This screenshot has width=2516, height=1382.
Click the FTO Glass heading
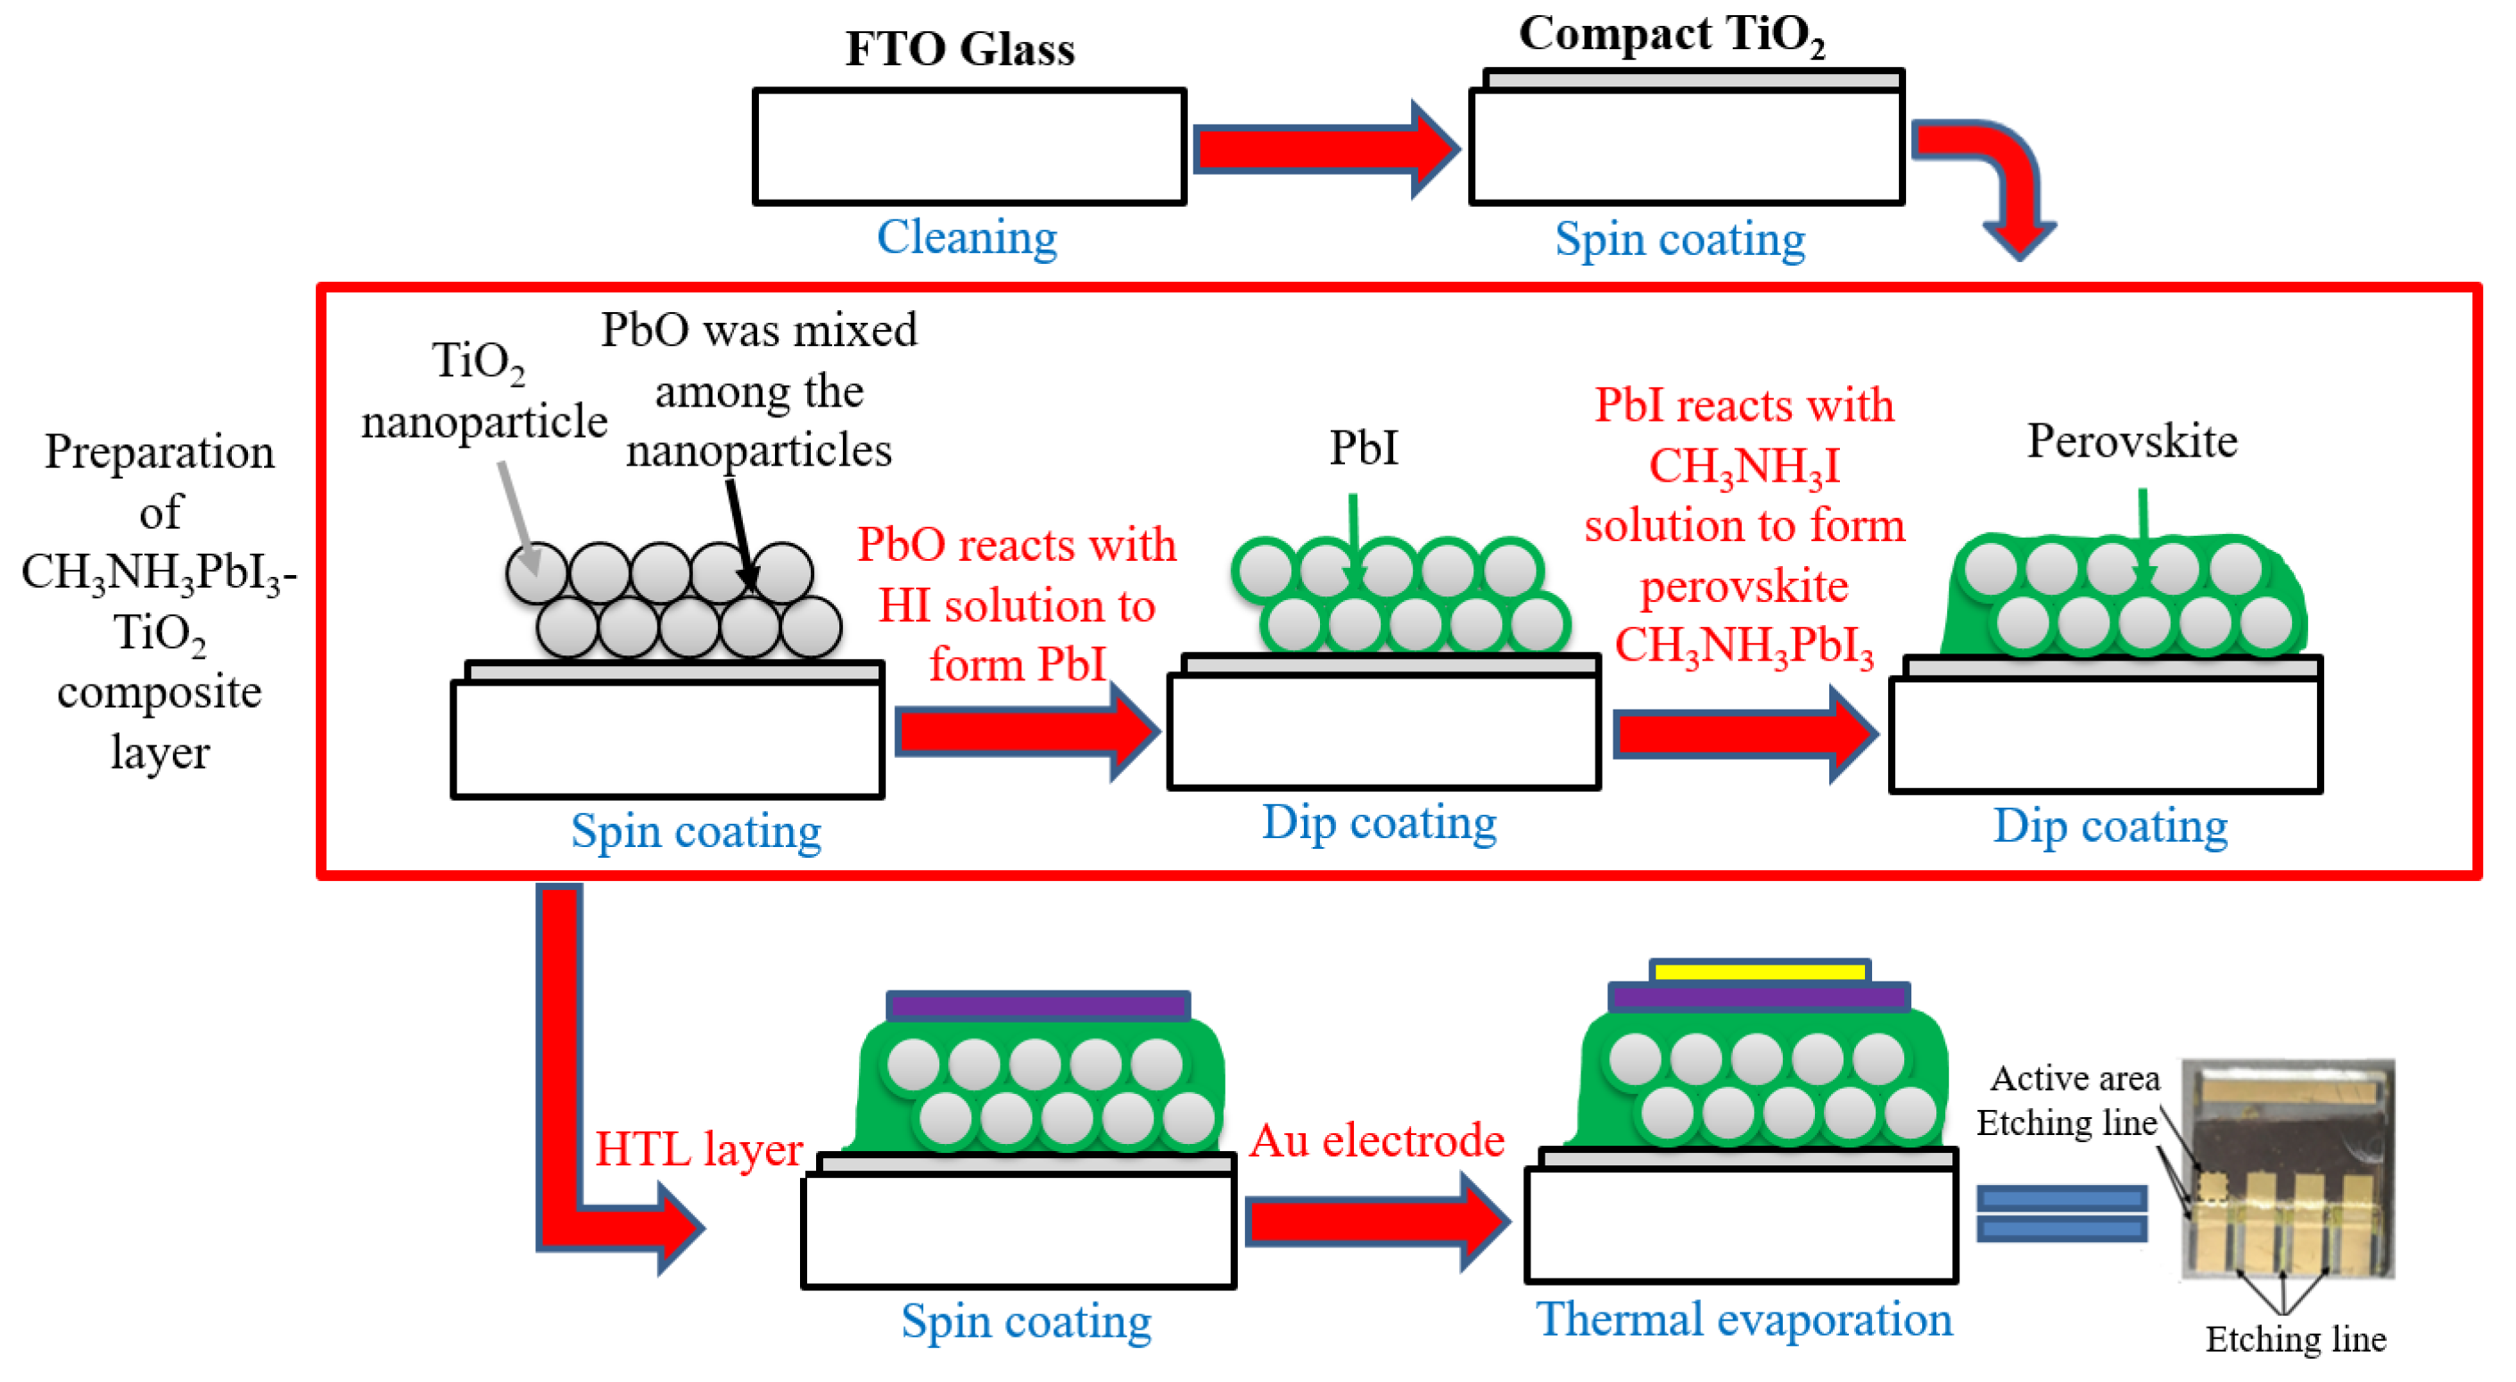click(959, 49)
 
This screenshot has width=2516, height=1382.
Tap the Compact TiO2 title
click(1671, 34)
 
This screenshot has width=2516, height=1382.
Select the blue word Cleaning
click(966, 237)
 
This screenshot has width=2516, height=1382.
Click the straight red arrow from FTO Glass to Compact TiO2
click(1324, 150)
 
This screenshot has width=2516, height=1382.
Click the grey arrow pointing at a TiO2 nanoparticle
click(517, 518)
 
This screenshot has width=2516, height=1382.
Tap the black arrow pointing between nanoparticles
click(738, 532)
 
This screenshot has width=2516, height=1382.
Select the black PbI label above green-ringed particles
click(1364, 448)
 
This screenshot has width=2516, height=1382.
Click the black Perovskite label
click(2132, 441)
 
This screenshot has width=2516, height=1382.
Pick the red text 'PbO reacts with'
click(1016, 545)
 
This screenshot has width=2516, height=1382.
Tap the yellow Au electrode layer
click(1759, 971)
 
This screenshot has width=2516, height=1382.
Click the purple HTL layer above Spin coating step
click(1037, 1005)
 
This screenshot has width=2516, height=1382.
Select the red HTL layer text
click(698, 1148)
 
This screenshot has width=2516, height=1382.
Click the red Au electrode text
click(1377, 1140)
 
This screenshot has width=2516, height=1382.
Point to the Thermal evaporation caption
click(1744, 1320)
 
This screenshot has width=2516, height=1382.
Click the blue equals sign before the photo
click(2061, 1212)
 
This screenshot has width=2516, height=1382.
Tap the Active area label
click(2075, 1078)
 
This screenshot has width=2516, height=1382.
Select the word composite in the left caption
click(160, 693)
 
